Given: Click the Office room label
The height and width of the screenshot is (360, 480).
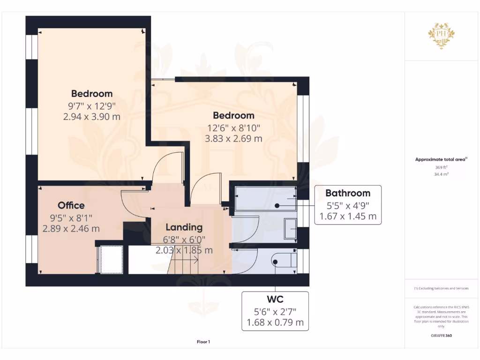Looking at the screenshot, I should [x=71, y=205].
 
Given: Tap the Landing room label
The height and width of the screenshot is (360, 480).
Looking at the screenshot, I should [x=184, y=227].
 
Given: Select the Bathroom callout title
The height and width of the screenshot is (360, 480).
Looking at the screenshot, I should [x=347, y=193].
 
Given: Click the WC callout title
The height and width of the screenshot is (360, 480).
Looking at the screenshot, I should [x=275, y=299].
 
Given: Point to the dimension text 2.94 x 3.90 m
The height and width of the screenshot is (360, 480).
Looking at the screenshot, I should [x=92, y=116].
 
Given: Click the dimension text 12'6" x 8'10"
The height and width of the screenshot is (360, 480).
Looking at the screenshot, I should [x=233, y=127].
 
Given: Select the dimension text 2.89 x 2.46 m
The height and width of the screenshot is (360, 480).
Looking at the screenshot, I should [x=71, y=229].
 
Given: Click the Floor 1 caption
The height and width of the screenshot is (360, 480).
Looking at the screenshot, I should [x=203, y=342].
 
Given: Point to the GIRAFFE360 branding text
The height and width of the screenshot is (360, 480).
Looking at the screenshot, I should [x=441, y=336].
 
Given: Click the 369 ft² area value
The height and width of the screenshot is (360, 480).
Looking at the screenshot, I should [x=441, y=167].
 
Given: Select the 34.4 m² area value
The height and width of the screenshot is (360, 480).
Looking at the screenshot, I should [x=441, y=174].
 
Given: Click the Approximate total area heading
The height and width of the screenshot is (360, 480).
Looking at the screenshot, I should [x=441, y=159].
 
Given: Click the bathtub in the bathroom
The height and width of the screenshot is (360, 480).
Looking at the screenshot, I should [x=265, y=198].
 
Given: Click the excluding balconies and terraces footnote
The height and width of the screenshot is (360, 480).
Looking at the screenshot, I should [x=441, y=288].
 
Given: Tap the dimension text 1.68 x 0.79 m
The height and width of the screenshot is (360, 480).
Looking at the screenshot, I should [x=275, y=322].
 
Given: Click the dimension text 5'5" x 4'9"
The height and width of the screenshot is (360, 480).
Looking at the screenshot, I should [x=347, y=205].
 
